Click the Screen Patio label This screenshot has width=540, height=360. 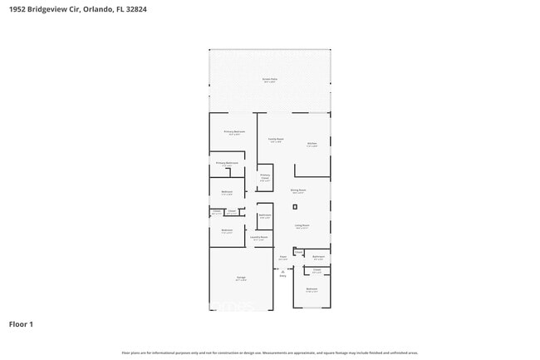point(270,81)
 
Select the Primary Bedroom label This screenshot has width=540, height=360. point(233,132)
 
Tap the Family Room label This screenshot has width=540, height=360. point(275,140)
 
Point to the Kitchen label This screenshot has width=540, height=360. point(312,143)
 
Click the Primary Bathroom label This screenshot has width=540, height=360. point(227,163)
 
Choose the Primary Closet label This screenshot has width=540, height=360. point(265,176)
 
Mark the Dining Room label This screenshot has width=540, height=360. point(298,190)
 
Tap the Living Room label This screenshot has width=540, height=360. point(301,225)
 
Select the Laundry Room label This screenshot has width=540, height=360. point(260,238)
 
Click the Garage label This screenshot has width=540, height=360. point(240,279)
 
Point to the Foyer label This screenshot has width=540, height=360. point(283,258)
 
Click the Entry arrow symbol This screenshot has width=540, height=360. point(282,272)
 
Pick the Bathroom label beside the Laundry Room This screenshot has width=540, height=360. point(265,216)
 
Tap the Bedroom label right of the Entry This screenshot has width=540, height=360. point(312,289)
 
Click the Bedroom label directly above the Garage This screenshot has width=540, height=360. point(227,231)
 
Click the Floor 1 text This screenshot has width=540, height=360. point(21,323)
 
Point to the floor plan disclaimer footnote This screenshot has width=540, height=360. point(270,353)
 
